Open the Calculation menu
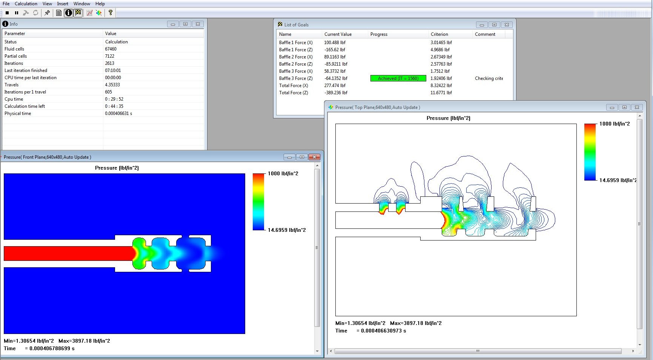pos(26,4)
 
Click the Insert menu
pos(63,4)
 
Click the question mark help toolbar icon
pos(111,13)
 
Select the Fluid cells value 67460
pos(111,49)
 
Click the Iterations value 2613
pos(110,63)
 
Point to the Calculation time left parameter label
pos(25,106)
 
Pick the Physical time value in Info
pos(118,113)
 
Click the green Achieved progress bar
pos(398,78)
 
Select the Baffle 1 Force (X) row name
pos(296,43)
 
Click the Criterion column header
pos(439,34)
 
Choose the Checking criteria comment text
pos(489,78)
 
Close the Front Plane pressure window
pos(314,157)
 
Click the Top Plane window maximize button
pos(624,107)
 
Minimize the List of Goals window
pos(481,25)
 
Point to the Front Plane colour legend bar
pos(258,202)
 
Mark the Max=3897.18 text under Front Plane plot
pos(84,341)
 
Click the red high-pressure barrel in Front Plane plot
pos(68,253)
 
